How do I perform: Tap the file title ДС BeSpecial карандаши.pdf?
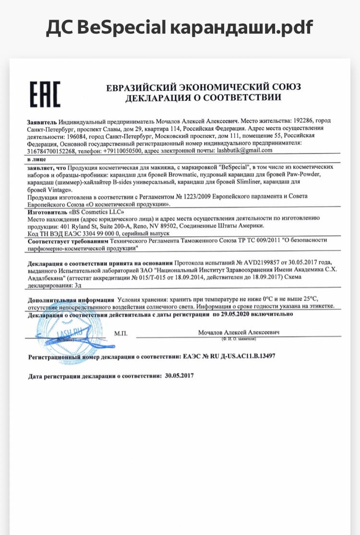179,27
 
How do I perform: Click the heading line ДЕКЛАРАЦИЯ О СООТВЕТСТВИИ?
203,98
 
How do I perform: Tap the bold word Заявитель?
42,121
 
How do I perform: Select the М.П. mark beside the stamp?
121,333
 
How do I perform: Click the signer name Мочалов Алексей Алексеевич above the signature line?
239,332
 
